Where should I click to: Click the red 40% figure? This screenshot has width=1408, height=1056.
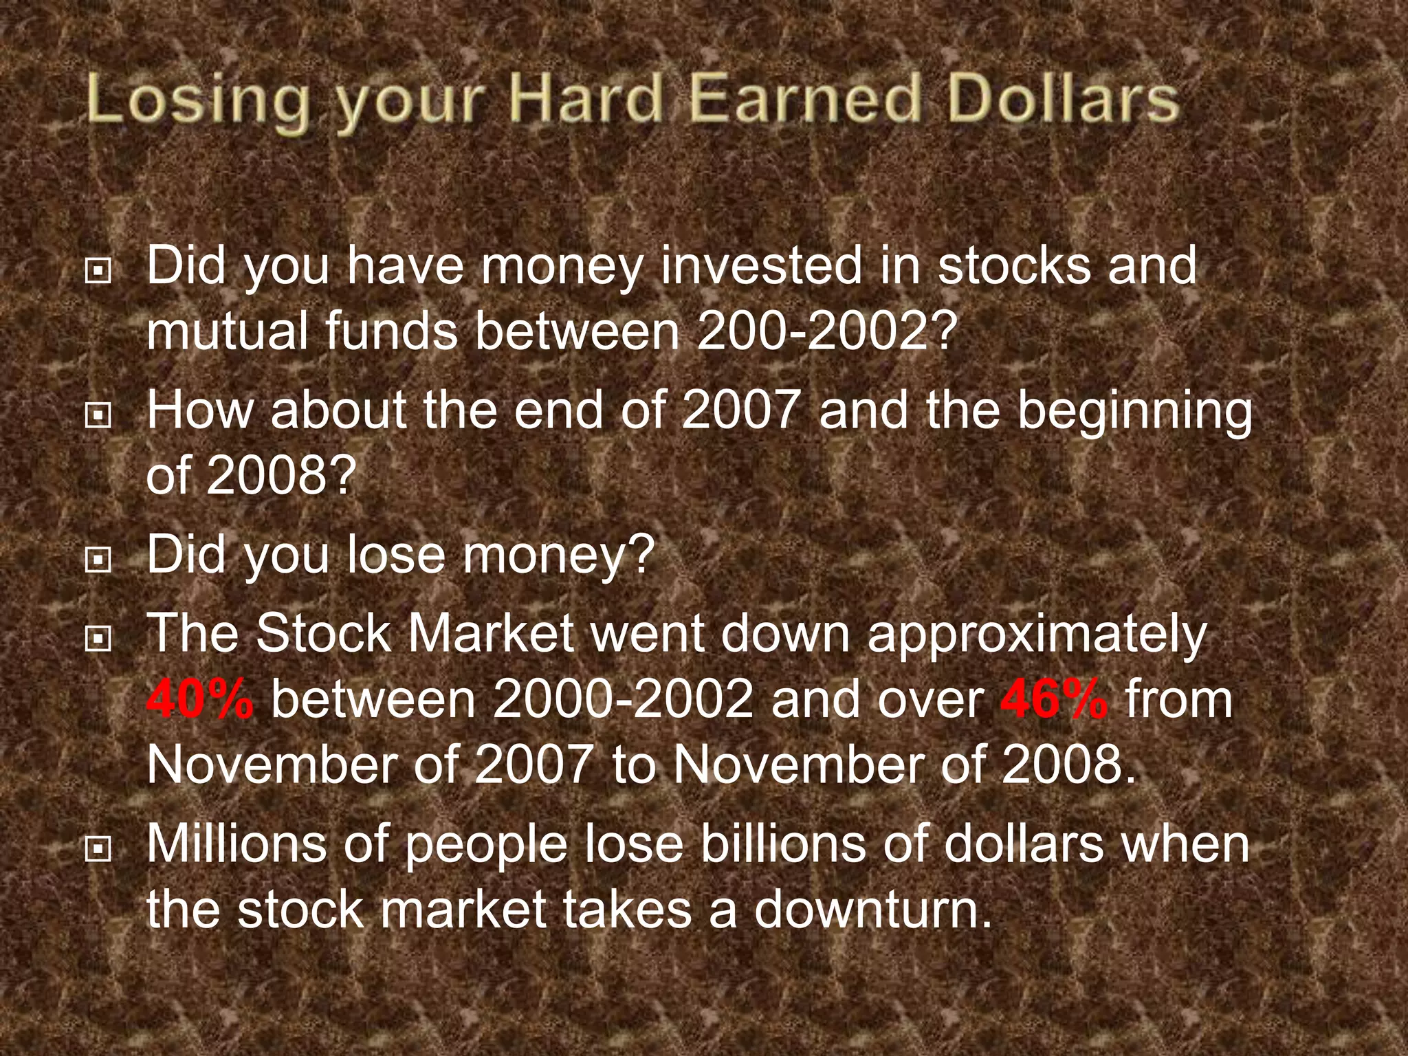pos(200,699)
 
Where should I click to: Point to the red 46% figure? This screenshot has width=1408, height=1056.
pos(1054,699)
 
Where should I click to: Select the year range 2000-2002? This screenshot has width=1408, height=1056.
pos(622,699)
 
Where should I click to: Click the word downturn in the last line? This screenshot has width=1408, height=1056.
pos(872,909)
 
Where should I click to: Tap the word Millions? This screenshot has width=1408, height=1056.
pos(236,844)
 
